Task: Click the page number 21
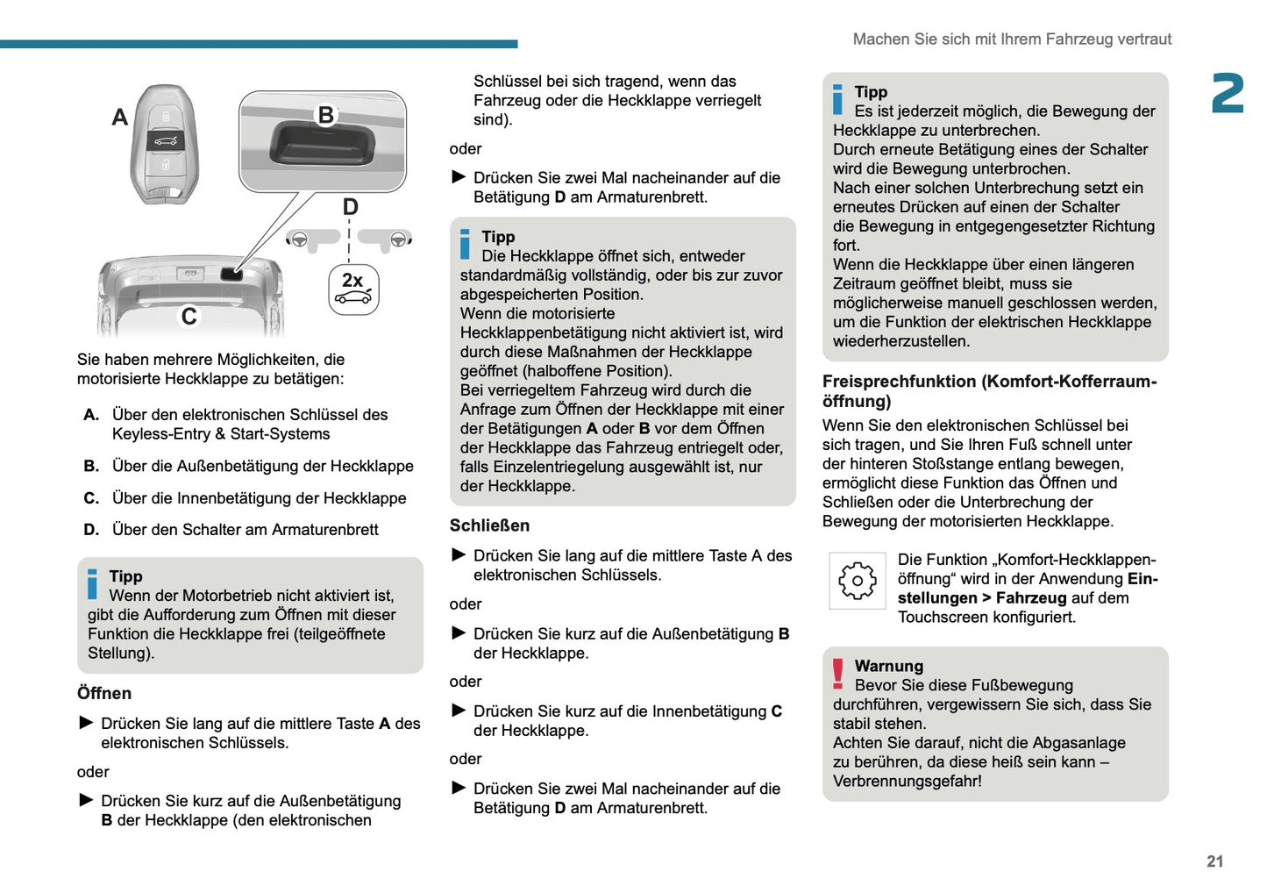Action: coord(1214,861)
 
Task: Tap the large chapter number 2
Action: coord(1228,94)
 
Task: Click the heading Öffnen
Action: coord(104,693)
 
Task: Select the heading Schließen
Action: coord(489,525)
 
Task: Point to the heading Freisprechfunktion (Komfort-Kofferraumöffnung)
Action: coord(989,391)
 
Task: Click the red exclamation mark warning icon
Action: coord(838,674)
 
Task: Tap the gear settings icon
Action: coord(857,581)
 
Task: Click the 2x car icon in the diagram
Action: coord(353,289)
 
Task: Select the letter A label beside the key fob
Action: coord(120,118)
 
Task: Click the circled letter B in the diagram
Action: coord(326,115)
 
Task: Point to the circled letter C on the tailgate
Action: coord(189,316)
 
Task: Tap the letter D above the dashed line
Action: coord(350,207)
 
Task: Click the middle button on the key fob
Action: coord(165,140)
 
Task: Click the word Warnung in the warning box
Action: coord(888,666)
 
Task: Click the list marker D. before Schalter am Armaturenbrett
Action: coord(91,530)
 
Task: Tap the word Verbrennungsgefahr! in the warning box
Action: coord(907,781)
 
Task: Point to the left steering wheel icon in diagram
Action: coord(299,239)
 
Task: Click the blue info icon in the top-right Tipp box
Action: coord(837,99)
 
